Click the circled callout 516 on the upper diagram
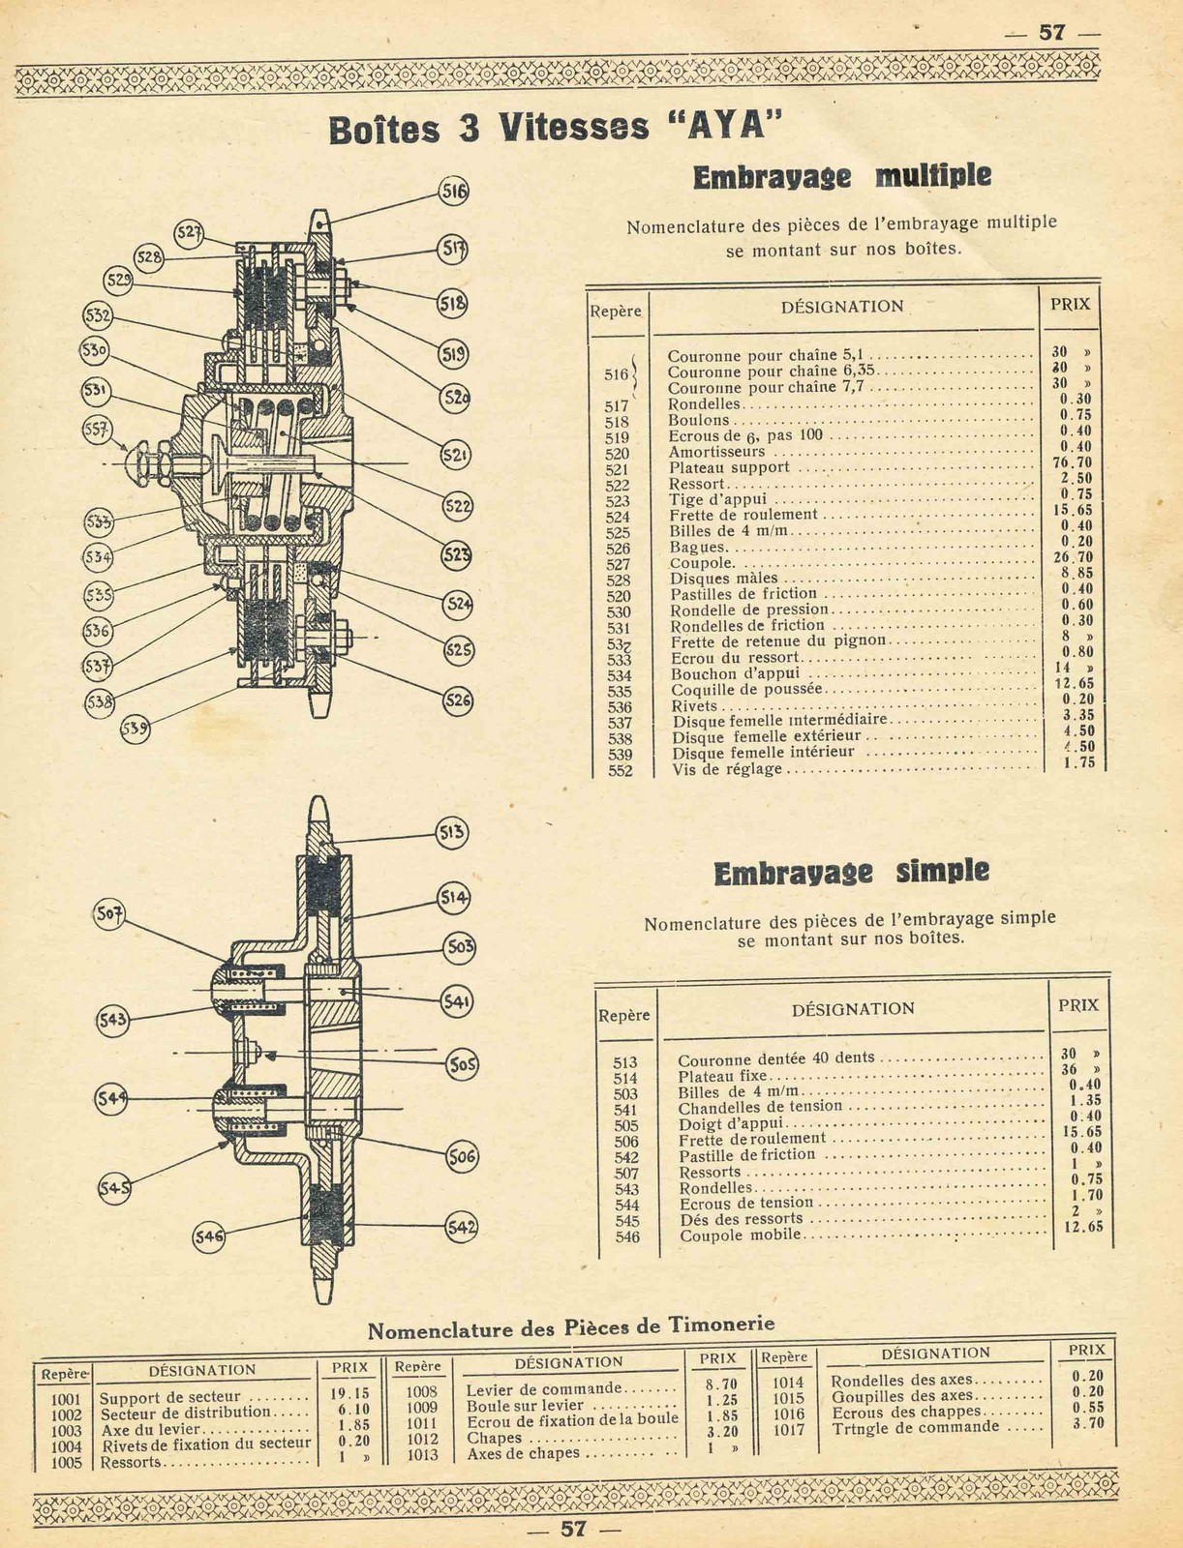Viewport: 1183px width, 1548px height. [453, 191]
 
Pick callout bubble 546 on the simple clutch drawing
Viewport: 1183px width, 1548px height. [209, 1235]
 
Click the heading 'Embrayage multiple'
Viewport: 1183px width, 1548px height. [841, 177]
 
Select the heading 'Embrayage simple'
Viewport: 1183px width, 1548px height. [851, 872]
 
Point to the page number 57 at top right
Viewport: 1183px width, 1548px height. [1051, 31]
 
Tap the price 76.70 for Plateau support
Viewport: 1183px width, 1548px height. [1071, 462]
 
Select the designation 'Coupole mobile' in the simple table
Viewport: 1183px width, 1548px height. [741, 1235]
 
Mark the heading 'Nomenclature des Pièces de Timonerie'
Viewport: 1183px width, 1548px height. [571, 1328]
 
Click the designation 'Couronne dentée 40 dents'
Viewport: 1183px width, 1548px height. [775, 1059]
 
